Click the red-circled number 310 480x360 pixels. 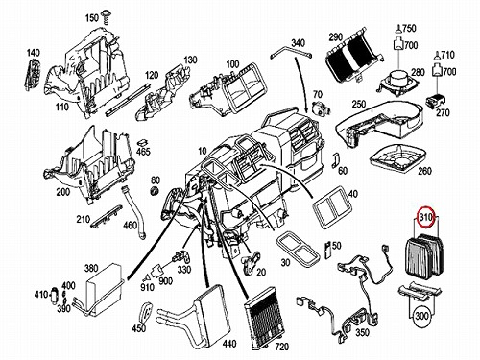tap(426, 217)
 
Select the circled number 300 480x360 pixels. tap(421, 316)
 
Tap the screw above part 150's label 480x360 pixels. tap(105, 15)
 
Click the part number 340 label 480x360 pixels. tap(298, 42)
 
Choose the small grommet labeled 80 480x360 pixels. tap(155, 190)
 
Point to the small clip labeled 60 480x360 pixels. tap(335, 159)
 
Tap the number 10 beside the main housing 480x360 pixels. tap(203, 151)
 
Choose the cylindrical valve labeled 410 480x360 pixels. tap(54, 295)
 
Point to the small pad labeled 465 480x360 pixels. tap(143, 142)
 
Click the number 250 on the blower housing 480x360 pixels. tap(359, 104)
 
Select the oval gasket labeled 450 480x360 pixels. tap(146, 313)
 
